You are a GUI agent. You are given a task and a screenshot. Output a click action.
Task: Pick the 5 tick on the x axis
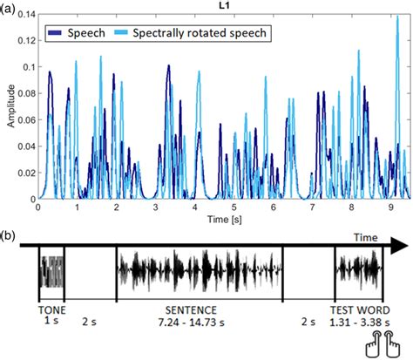pos(234,207)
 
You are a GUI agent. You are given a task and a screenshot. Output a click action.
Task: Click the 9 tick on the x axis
pos(392,207)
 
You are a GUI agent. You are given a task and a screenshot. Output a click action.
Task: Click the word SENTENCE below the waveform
pos(203,310)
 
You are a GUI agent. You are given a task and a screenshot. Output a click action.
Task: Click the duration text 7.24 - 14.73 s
pos(203,323)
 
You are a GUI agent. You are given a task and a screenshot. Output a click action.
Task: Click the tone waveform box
pos(51,271)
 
